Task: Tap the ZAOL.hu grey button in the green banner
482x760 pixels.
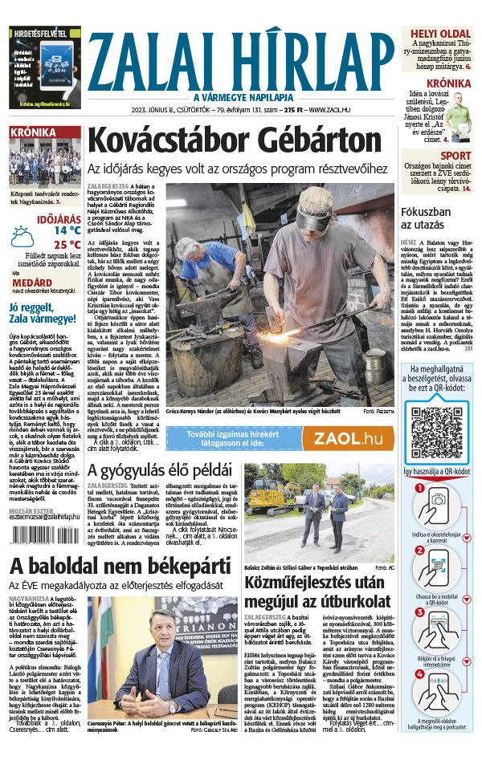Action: click(x=347, y=439)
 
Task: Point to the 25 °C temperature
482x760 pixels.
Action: click(x=67, y=246)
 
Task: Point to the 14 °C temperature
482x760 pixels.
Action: click(x=67, y=230)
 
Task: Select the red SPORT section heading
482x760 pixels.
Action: click(x=455, y=156)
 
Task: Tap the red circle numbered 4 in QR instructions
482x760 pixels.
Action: click(x=419, y=673)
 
